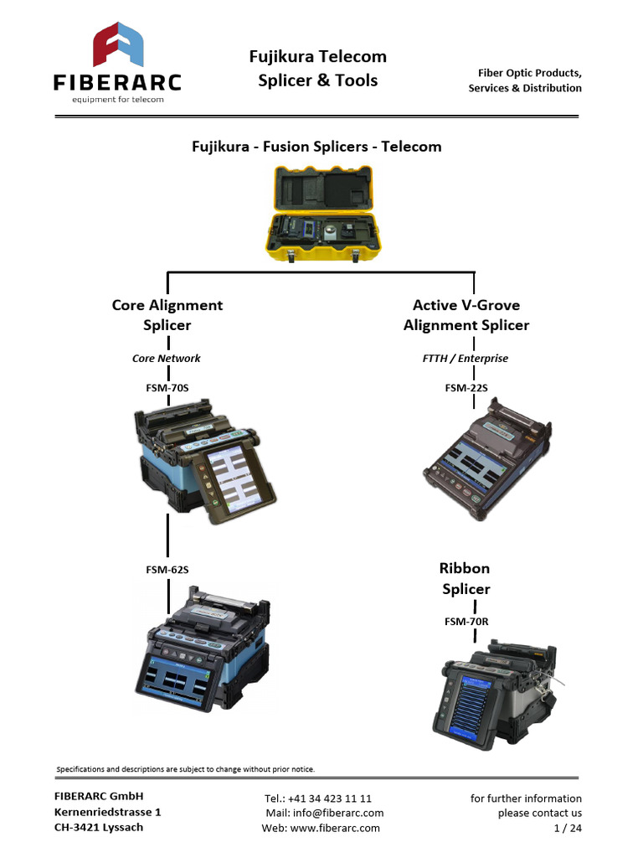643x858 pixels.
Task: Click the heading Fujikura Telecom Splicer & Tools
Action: (317, 69)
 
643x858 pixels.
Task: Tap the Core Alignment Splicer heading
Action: (167, 315)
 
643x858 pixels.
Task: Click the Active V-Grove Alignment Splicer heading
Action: (466, 315)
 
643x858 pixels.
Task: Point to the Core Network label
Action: (167, 359)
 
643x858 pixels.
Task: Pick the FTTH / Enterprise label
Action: (466, 359)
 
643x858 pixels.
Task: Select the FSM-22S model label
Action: (466, 389)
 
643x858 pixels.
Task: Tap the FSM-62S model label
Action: (167, 570)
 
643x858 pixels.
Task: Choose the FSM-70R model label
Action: (466, 622)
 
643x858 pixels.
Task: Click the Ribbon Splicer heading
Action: (466, 579)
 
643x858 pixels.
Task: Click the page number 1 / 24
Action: (568, 828)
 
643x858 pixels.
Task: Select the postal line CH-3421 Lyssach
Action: (99, 828)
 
